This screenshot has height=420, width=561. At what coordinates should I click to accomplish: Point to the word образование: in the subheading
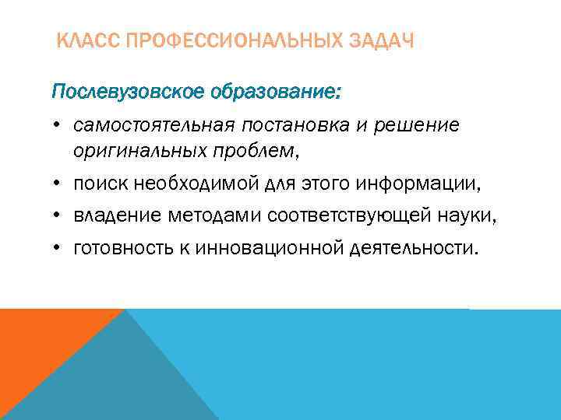[273, 93]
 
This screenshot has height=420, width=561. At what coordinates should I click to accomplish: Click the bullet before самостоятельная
[58, 126]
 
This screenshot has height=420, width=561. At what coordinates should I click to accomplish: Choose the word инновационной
[262, 249]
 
